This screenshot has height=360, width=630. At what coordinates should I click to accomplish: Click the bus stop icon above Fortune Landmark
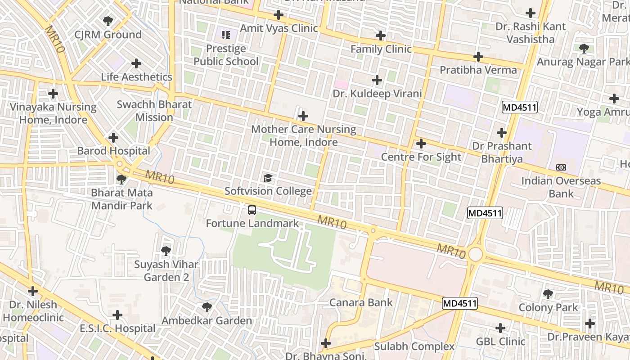coord(252,210)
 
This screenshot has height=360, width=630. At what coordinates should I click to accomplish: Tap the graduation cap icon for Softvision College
coord(268,178)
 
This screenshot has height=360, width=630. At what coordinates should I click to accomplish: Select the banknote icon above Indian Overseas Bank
coord(561,167)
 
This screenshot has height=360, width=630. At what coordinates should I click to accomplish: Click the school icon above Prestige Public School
coord(226,35)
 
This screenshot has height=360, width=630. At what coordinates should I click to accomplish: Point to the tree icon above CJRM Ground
coord(108,21)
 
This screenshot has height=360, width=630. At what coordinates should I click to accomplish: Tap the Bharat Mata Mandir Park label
coord(122,199)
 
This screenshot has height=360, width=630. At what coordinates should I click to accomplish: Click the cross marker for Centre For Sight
coord(421,144)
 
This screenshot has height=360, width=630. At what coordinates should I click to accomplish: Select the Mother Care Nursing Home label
coord(304,136)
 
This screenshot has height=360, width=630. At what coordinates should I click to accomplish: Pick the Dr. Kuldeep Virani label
coord(377,94)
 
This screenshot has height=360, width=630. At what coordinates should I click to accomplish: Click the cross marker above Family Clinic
coord(381,36)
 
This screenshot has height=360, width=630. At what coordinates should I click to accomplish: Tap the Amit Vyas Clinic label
coord(279,28)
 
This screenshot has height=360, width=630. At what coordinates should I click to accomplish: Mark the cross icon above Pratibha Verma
coord(478,57)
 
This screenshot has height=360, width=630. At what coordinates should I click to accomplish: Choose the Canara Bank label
coord(361,302)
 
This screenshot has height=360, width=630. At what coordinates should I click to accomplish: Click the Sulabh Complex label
coord(414,346)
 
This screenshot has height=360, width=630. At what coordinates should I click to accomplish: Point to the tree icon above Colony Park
coord(548,294)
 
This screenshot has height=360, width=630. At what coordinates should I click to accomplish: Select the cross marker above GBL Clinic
coord(500,328)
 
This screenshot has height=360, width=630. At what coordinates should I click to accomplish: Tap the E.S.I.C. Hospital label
coord(117,328)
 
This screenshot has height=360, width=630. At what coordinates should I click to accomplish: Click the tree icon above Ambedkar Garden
coord(207,307)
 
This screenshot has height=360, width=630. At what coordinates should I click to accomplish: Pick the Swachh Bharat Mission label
coord(154,111)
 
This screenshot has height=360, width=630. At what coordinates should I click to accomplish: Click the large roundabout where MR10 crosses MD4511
coord(475,255)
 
